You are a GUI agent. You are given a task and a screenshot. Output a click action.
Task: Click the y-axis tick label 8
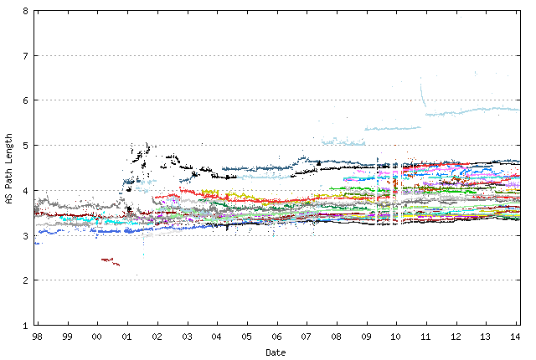[x=25, y=12]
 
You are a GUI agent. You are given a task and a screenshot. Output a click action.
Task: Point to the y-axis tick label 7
[x=25, y=56]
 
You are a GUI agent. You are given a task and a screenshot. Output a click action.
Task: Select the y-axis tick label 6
[x=25, y=100]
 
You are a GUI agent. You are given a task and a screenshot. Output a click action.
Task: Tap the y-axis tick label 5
[x=25, y=146]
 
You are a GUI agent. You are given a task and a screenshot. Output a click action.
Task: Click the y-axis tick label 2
[x=25, y=280]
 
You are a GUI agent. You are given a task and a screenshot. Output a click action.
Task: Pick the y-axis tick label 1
[x=25, y=325]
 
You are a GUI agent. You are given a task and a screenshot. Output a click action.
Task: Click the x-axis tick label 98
[x=38, y=337]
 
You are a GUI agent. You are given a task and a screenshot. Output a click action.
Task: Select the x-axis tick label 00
[x=97, y=337]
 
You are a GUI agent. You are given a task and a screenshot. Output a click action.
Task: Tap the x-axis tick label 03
[x=187, y=337]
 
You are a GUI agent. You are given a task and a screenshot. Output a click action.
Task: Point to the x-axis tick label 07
[x=307, y=337]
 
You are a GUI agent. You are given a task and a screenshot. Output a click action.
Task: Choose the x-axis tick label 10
[x=396, y=337]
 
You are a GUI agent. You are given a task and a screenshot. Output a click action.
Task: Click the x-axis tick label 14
[x=516, y=337]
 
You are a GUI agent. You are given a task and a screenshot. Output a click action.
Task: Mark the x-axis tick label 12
[x=456, y=337]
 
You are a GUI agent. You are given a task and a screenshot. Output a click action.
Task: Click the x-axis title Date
[x=276, y=352]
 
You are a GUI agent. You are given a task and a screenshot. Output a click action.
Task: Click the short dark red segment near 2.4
[x=110, y=261]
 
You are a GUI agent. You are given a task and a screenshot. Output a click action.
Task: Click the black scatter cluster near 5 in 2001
[x=138, y=154]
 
